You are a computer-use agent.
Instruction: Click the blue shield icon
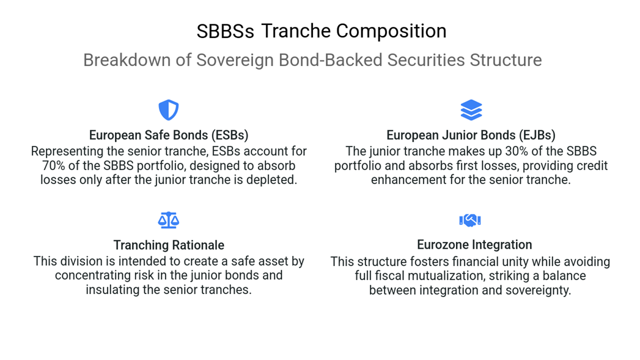click(169, 110)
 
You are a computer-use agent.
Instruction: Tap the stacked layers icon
click(471, 110)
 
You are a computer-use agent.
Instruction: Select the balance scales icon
click(169, 220)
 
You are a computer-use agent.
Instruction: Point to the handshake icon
click(470, 221)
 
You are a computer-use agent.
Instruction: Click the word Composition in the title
click(391, 31)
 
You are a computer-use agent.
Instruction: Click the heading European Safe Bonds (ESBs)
click(169, 135)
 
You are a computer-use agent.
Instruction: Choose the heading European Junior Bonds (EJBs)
click(471, 135)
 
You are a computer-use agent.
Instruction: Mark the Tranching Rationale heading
click(169, 245)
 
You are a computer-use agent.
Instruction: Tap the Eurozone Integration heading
click(474, 244)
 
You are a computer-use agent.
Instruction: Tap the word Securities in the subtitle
click(426, 60)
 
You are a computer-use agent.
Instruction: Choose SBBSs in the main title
click(226, 31)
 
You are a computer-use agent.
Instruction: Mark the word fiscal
click(389, 276)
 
